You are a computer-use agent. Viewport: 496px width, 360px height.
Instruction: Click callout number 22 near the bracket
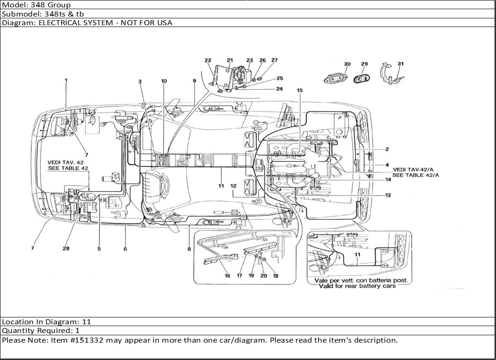click(x=208, y=60)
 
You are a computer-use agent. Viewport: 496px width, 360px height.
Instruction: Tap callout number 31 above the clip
click(x=400, y=64)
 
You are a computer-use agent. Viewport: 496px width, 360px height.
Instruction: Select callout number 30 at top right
click(x=347, y=64)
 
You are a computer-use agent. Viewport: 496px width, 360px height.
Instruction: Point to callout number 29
click(x=364, y=64)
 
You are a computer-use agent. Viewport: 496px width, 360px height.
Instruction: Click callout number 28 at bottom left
click(x=66, y=248)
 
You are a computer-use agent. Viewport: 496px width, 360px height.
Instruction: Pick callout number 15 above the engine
click(x=300, y=91)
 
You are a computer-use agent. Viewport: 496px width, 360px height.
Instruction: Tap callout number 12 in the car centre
click(x=233, y=186)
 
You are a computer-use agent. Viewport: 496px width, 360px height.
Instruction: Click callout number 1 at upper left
click(x=66, y=81)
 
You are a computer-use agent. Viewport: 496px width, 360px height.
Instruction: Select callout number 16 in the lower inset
click(x=227, y=276)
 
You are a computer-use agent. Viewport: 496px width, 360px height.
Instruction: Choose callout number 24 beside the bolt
click(x=279, y=89)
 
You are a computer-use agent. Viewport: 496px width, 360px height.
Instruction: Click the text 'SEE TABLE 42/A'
click(x=416, y=175)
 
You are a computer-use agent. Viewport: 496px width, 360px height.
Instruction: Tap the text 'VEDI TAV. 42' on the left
click(x=66, y=162)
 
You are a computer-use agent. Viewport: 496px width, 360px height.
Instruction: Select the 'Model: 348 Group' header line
click(x=37, y=5)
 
